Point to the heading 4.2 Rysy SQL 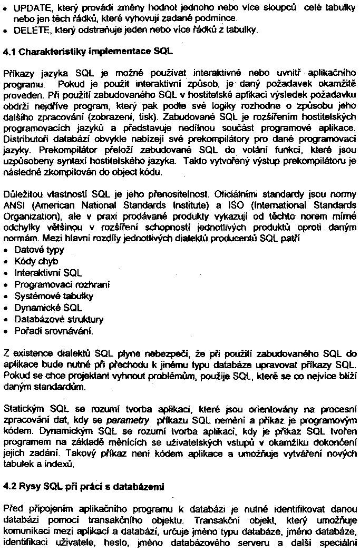[x=84, y=487]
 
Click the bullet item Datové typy [x=36, y=250]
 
